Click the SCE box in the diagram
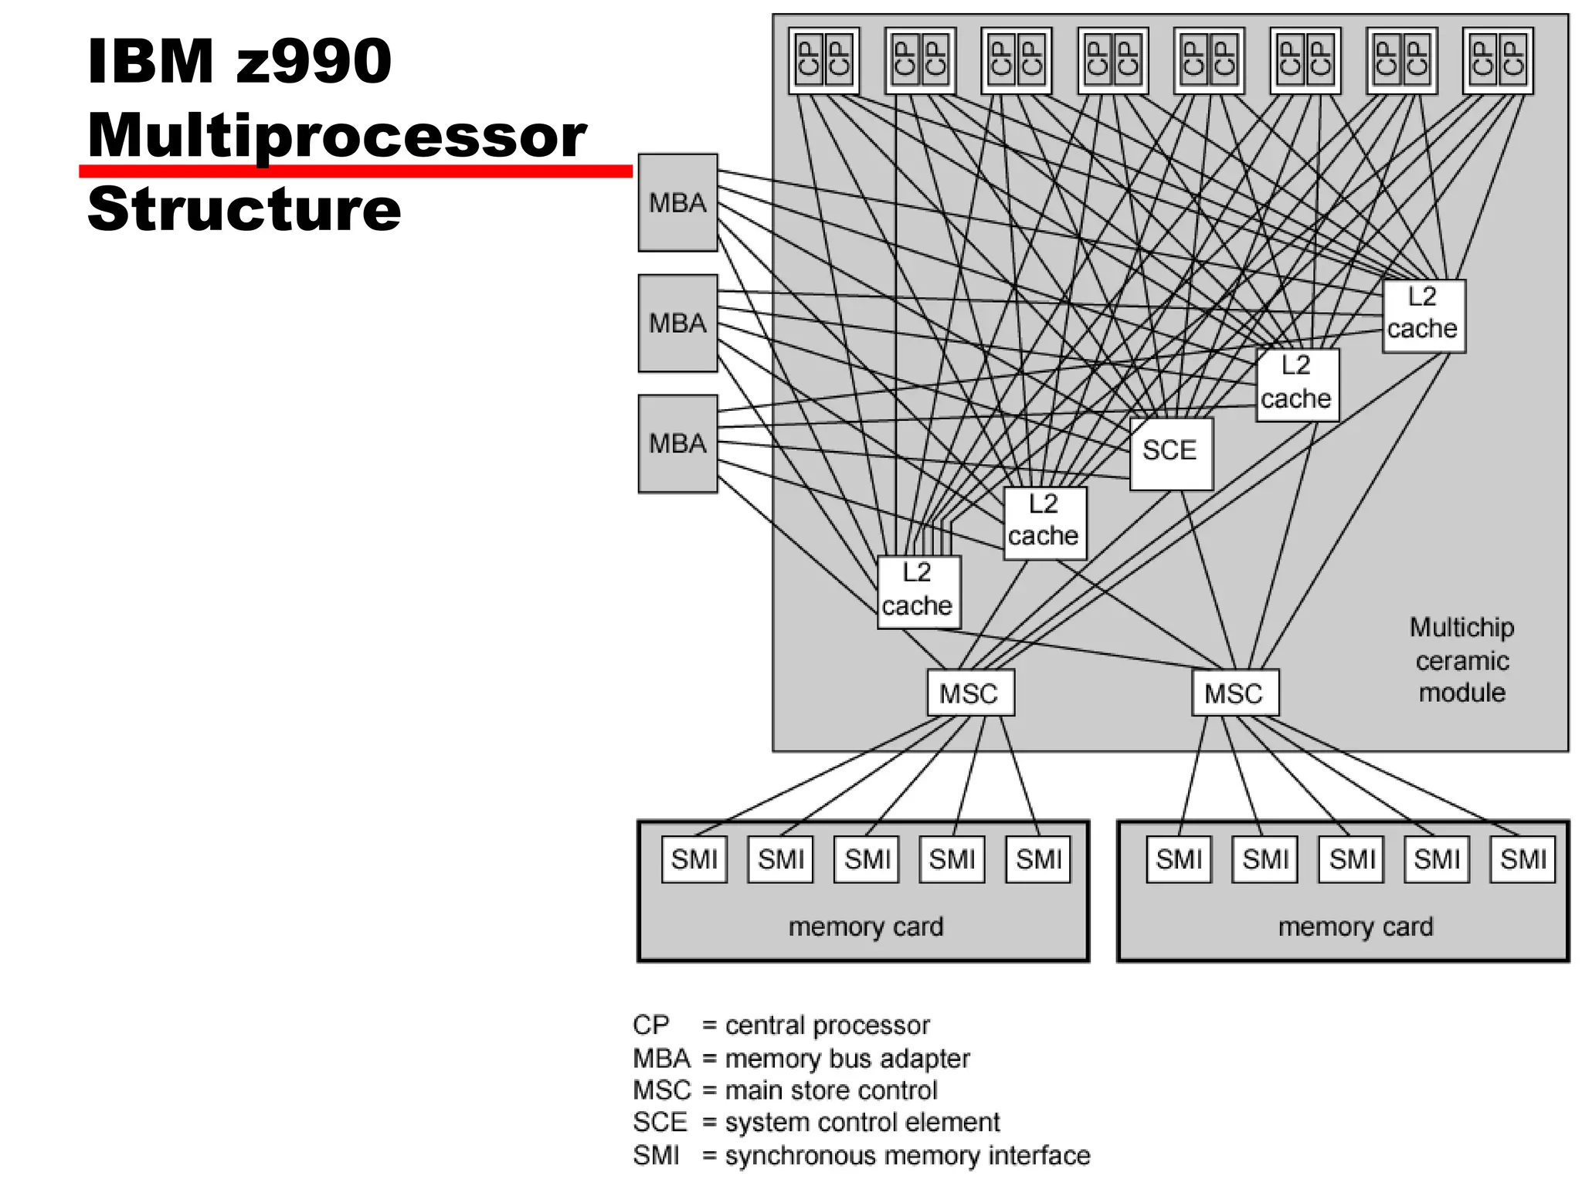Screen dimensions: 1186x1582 point(1170,453)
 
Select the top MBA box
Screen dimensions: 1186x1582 point(677,203)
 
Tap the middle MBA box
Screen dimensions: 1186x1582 point(677,324)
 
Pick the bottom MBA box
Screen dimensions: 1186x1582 point(677,444)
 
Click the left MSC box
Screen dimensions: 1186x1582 point(970,693)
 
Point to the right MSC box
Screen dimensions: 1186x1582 point(1234,693)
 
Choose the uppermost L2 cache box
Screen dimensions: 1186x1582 point(1423,316)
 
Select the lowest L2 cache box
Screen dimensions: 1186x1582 point(918,591)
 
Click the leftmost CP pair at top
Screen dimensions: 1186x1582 point(823,60)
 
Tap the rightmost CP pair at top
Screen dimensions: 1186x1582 point(1498,60)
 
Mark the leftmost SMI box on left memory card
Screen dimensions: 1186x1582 point(694,859)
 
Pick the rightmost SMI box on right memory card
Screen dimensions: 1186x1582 point(1522,859)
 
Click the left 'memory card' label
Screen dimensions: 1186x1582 point(866,926)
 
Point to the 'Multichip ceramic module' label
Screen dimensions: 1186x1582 point(1461,660)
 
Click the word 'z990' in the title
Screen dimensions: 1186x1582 point(314,61)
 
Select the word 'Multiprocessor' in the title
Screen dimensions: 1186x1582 point(338,135)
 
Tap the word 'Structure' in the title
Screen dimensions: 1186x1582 point(244,209)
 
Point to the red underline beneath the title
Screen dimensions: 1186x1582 point(355,171)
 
